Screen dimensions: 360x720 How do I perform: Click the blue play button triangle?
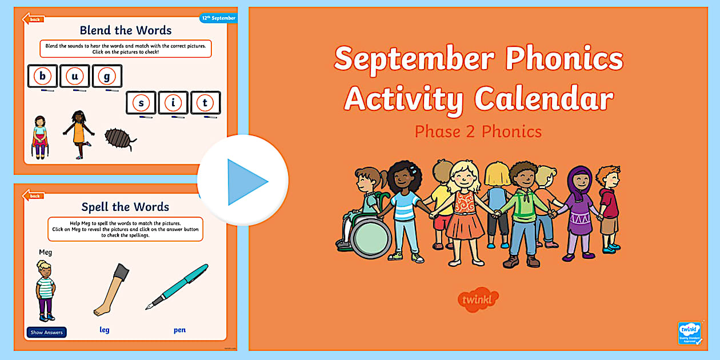[x=246, y=182]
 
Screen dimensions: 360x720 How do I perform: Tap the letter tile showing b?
[x=42, y=76]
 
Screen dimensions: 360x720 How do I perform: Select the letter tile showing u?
[x=74, y=76]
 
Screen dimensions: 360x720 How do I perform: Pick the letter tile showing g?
[x=107, y=76]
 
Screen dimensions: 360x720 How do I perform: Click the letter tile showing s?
[x=141, y=103]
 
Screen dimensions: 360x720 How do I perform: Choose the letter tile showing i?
[x=173, y=103]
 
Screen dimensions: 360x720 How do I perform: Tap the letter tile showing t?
[x=205, y=103]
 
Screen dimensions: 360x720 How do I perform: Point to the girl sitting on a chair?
[x=39, y=137]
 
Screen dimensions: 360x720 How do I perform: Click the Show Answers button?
[x=47, y=332]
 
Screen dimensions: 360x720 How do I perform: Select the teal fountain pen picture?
[x=177, y=286]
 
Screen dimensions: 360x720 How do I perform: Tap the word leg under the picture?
[x=104, y=330]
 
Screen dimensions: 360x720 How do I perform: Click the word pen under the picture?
[x=179, y=330]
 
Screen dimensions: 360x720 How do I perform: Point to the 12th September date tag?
[x=218, y=18]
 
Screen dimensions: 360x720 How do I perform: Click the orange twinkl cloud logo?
[x=478, y=299]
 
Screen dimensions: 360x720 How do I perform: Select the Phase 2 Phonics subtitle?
[x=478, y=131]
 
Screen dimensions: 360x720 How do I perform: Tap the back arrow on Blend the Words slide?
[x=33, y=19]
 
